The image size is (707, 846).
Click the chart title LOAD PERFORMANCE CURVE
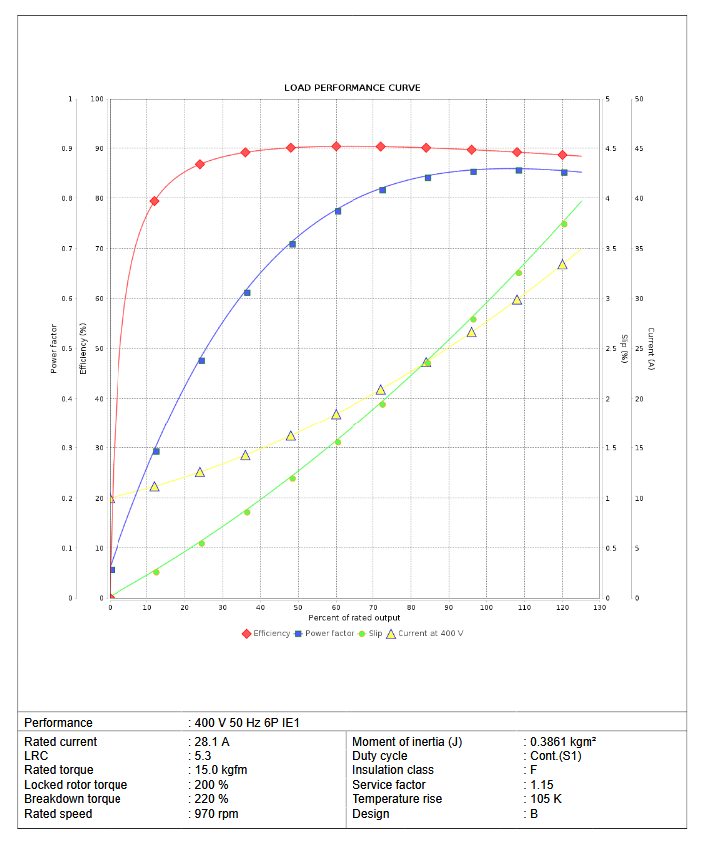point(353,88)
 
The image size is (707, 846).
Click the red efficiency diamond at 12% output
point(154,201)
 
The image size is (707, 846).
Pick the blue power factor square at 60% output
point(338,211)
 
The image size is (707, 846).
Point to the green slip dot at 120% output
point(564,224)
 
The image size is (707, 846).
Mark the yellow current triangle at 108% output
point(517,299)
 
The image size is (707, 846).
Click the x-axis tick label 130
point(599,607)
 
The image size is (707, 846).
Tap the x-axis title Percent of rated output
point(353,618)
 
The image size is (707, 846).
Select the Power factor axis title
point(53,348)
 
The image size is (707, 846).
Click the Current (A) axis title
point(650,348)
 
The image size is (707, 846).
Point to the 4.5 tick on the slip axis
point(610,149)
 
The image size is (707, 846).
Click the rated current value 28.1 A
point(212,742)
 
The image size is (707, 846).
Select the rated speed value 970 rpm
point(217,814)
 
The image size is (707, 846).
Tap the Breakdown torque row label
point(73,799)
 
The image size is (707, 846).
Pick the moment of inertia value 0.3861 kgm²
point(563,742)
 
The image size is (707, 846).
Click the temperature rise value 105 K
point(546,799)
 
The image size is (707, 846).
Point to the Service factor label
point(388,785)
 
